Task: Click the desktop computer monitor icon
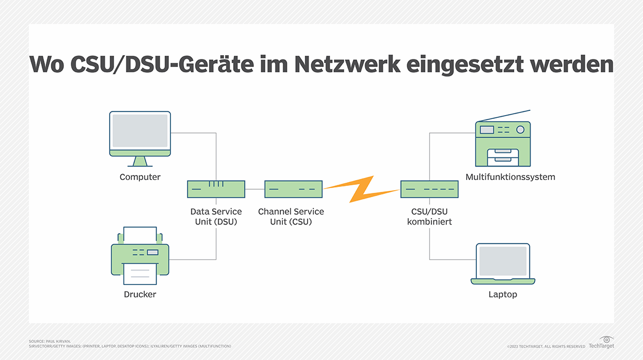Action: pos(140,137)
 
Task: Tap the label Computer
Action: pos(140,177)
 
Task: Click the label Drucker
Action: pos(140,294)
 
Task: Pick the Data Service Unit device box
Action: pos(216,189)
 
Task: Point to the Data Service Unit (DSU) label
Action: pos(216,216)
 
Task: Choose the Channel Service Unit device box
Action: pos(293,189)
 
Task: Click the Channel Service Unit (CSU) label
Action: pos(291,216)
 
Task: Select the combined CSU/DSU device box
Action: pos(430,189)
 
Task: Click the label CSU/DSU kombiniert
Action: pos(430,216)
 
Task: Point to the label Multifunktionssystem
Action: pos(503,177)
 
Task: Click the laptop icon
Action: pos(503,264)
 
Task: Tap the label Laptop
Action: pos(503,294)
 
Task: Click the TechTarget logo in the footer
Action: pos(601,343)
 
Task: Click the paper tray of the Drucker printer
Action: pos(140,273)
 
